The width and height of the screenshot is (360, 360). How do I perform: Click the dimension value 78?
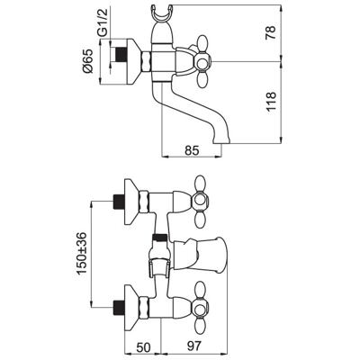tap(271, 32)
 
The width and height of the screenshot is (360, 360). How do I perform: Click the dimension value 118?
tap(271, 102)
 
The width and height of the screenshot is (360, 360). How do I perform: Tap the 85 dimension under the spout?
tap(192, 150)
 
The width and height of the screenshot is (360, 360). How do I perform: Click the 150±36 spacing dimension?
tap(82, 253)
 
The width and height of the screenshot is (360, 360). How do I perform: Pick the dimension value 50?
tap(143, 346)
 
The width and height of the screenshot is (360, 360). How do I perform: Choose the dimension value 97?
tap(193, 346)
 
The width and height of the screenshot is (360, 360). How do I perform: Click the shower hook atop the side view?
tap(162, 13)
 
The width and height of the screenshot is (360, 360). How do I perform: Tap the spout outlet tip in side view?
tap(222, 140)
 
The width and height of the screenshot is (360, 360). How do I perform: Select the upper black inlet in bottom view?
tap(119, 202)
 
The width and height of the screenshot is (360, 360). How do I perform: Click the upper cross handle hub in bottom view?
tap(200, 200)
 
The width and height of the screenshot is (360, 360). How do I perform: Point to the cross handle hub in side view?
tap(202, 62)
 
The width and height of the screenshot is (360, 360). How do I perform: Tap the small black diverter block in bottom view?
tap(159, 238)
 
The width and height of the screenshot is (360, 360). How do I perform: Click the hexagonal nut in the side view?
tap(146, 61)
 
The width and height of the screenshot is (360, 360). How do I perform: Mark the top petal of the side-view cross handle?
tap(202, 44)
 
